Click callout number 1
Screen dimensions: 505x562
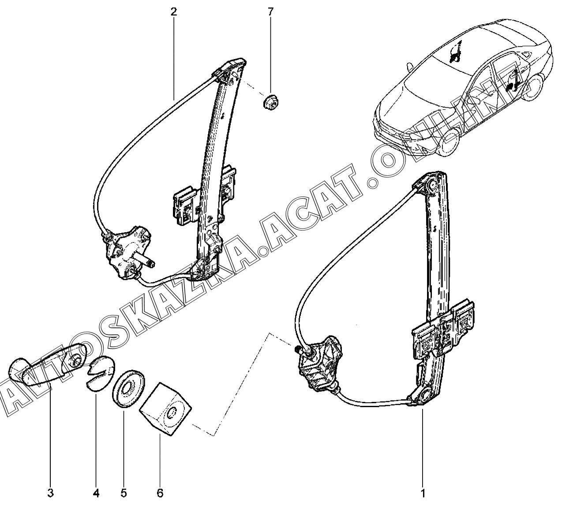click(x=423, y=493)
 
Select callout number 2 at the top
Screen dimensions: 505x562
click(x=174, y=11)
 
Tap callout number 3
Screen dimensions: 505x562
click(x=50, y=493)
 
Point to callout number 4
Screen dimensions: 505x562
click(x=97, y=493)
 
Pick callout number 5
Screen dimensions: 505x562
click(x=124, y=493)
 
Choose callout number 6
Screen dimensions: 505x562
click(x=160, y=493)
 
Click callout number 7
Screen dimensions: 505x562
click(x=270, y=11)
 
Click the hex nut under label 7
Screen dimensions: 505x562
click(x=268, y=103)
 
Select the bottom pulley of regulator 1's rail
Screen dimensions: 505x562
click(x=425, y=394)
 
